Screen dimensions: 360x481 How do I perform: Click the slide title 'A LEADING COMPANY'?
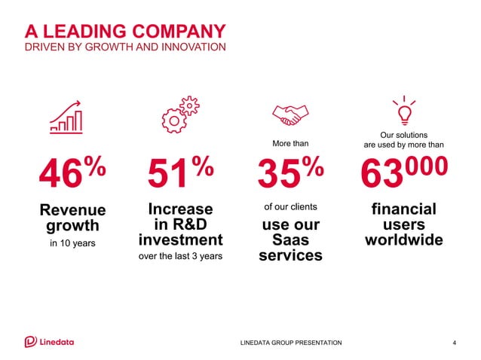coord(125,31)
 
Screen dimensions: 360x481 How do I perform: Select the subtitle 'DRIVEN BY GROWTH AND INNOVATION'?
coord(125,47)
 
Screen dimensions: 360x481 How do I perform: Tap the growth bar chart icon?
coord(66,116)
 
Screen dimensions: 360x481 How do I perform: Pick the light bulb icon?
coord(403,112)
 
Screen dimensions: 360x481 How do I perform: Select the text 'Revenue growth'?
coord(72,218)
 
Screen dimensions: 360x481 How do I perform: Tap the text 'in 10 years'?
coord(72,243)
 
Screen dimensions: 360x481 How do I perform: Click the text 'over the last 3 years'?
coord(180,256)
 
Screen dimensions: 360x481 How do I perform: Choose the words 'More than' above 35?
coord(290,142)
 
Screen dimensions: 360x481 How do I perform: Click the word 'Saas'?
coord(290,240)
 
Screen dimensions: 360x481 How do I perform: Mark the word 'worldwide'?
coord(403,241)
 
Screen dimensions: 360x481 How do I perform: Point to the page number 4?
coord(454,343)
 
